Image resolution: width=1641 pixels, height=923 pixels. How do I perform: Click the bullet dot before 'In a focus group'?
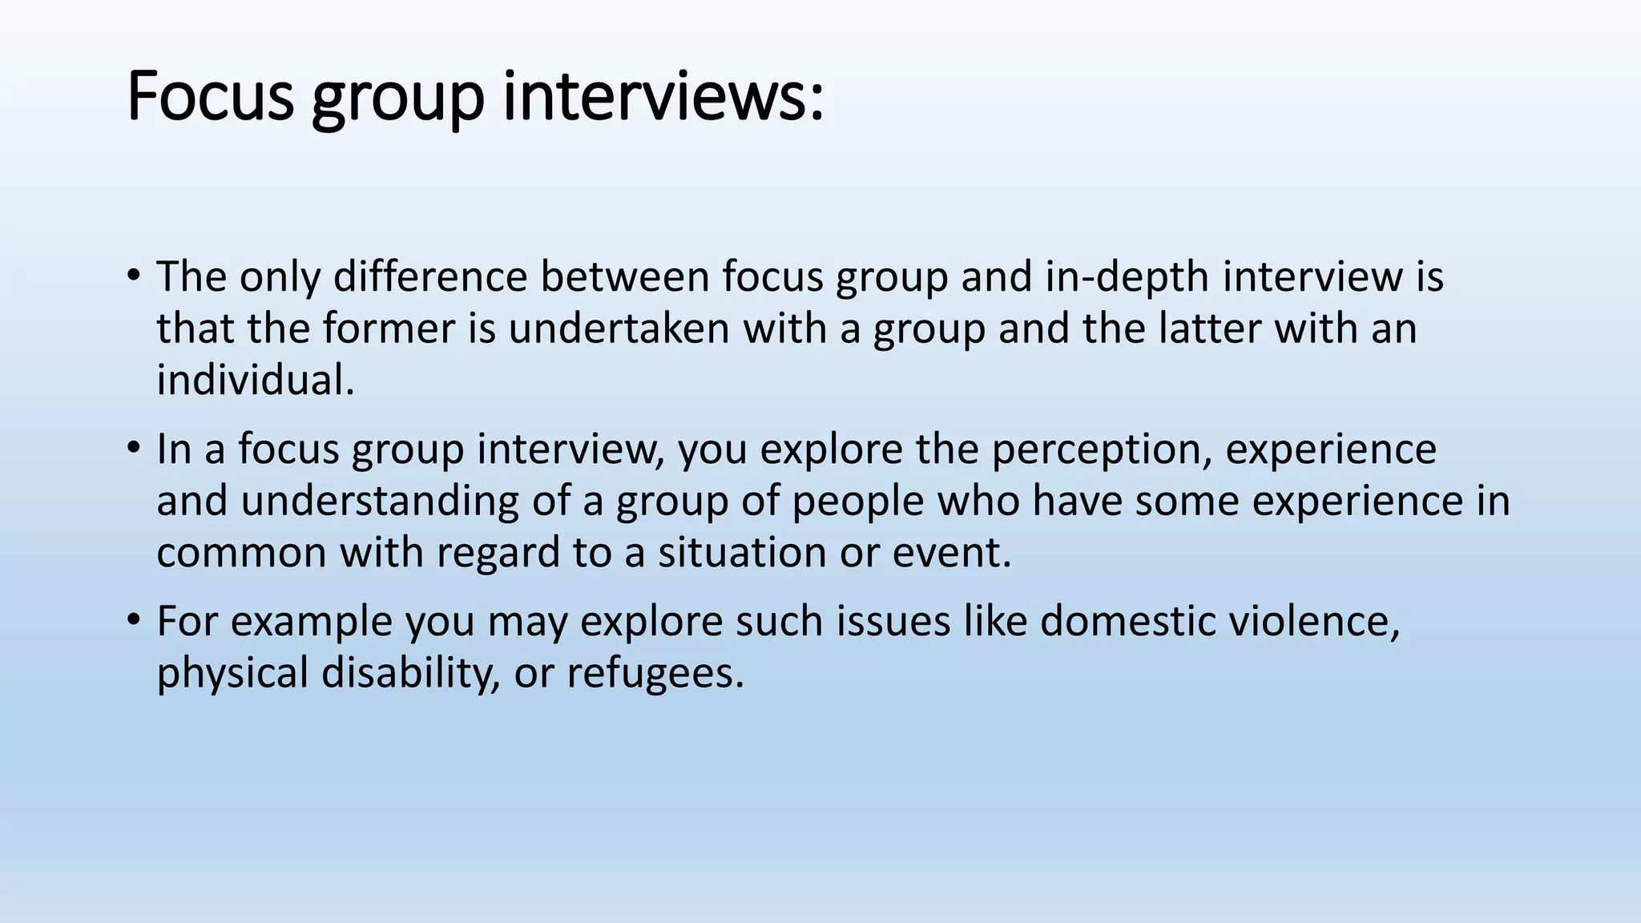coord(133,449)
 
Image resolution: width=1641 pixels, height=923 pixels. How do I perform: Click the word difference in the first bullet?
coord(430,276)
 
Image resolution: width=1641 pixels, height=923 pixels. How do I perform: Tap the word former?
coord(389,328)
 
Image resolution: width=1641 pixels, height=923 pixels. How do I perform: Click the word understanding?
coord(379,502)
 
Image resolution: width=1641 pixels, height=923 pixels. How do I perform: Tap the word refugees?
coord(655,673)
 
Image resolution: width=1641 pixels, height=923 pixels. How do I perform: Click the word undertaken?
coord(619,328)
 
